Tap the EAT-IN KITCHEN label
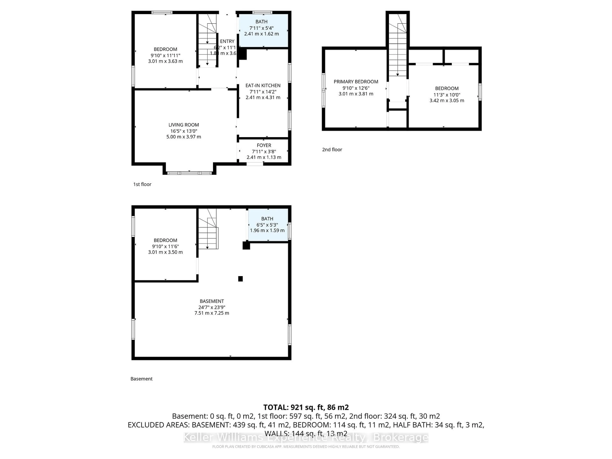tap(263, 85)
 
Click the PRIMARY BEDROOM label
tap(356, 82)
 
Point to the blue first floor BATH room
tap(263, 30)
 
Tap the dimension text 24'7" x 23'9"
tap(212, 307)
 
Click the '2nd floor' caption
tap(332, 149)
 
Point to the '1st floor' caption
tap(142, 184)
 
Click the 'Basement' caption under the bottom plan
tap(141, 379)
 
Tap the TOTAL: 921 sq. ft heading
tap(306, 407)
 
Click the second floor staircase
tap(398, 50)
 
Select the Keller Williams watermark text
tap(306, 437)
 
